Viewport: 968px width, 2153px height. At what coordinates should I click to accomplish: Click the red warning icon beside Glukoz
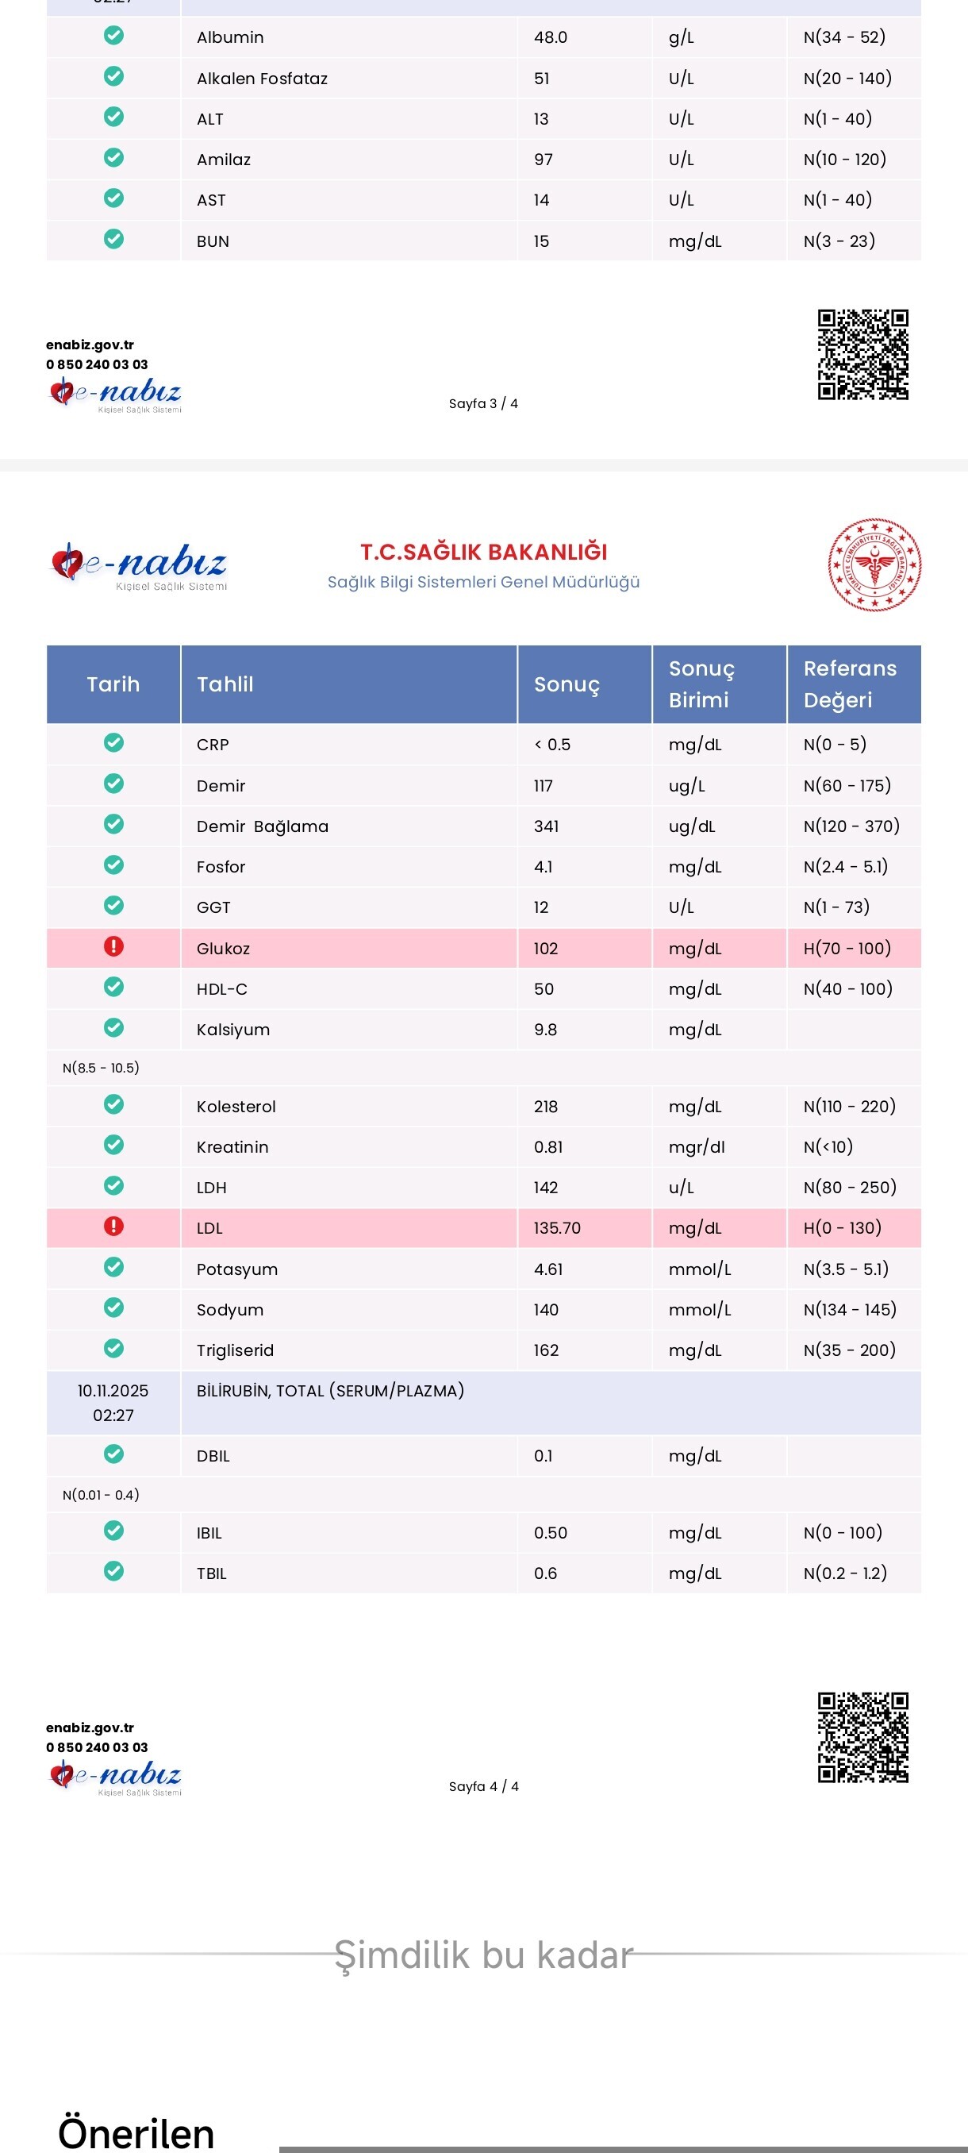[113, 946]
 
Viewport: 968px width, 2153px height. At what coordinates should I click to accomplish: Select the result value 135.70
[557, 1228]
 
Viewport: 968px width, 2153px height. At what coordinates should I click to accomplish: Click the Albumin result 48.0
[551, 37]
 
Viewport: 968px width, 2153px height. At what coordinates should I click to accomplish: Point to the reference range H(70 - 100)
[847, 948]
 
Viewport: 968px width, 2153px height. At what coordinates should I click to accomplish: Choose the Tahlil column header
[225, 684]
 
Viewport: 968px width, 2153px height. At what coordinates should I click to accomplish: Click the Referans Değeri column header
[851, 684]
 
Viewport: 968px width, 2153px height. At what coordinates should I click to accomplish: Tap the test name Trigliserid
[235, 1350]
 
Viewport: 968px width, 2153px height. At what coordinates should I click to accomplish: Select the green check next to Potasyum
[113, 1267]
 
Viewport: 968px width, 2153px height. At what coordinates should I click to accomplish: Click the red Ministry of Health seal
[874, 564]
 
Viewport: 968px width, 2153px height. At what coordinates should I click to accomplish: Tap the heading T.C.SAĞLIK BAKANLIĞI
[483, 552]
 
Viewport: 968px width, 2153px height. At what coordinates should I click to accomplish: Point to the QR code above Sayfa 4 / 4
[862, 1738]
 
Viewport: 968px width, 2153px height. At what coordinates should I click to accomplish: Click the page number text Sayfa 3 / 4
[483, 403]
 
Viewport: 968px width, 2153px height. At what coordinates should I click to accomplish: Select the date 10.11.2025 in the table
[113, 1391]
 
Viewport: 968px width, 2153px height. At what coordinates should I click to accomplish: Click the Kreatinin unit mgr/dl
[697, 1146]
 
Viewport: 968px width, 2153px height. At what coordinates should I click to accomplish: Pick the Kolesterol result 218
[545, 1107]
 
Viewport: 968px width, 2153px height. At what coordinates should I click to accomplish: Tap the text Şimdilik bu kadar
[483, 1955]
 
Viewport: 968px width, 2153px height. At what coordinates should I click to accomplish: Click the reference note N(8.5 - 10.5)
[101, 1067]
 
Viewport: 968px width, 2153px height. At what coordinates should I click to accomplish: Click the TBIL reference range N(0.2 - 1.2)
[845, 1573]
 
